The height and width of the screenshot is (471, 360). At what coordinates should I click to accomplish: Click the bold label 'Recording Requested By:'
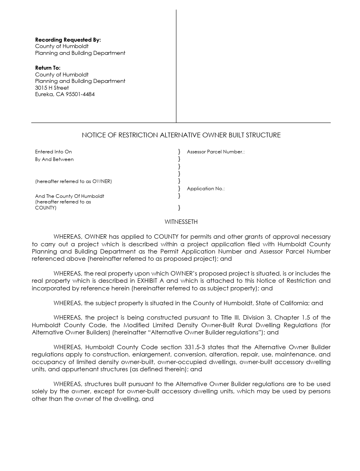coord(68,40)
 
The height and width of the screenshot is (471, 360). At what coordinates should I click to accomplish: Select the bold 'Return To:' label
coord(48,68)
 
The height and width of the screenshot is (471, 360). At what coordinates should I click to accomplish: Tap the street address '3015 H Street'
coord(52,88)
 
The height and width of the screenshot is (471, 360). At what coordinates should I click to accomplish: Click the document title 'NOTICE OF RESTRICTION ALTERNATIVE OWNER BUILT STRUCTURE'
coord(181,135)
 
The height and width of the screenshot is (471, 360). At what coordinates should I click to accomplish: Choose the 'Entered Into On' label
coord(53,152)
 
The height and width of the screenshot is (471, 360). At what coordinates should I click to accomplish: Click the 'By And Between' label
coord(54,159)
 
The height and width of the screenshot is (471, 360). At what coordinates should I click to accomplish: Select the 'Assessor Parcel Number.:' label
coord(215,152)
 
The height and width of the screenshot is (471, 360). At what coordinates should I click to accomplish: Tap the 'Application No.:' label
coord(205,189)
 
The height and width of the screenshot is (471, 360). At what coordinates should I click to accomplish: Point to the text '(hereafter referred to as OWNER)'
coord(73,181)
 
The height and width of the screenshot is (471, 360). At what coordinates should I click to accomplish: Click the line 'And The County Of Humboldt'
coord(69,196)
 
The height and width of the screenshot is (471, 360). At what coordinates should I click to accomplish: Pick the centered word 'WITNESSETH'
coord(181,222)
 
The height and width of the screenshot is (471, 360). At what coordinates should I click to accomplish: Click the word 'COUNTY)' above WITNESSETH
coord(46,208)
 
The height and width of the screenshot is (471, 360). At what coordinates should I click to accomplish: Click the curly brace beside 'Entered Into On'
coord(179,152)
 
